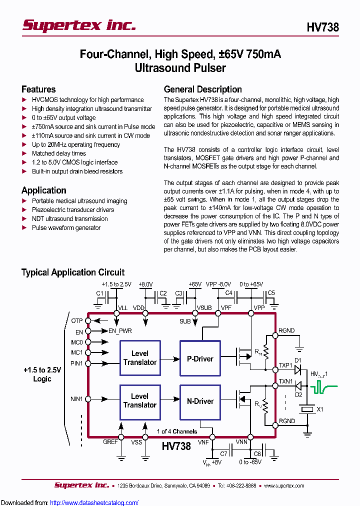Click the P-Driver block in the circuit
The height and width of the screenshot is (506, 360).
tap(200, 358)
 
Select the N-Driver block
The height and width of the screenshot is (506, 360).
tap(200, 401)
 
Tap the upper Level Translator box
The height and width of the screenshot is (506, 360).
tap(140, 358)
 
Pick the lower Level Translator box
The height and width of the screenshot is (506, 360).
tap(140, 400)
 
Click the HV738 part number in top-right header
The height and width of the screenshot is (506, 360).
tap(322, 27)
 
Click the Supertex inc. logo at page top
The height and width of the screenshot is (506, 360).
tap(79, 25)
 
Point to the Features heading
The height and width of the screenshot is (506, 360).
tap(38, 89)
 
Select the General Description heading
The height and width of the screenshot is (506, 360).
tap(203, 89)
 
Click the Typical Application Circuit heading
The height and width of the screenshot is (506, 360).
tap(73, 272)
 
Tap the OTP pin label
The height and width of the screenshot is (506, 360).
tap(76, 320)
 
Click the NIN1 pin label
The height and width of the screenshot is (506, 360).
tap(76, 398)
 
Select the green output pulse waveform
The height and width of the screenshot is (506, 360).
tap(324, 386)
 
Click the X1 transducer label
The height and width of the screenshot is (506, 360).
tap(320, 409)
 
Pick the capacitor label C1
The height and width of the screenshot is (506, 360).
tap(99, 293)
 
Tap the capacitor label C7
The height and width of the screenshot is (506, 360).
tap(224, 453)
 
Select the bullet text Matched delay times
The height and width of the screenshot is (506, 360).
tap(59, 153)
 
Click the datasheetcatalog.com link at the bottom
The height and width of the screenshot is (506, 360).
tap(94, 502)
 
